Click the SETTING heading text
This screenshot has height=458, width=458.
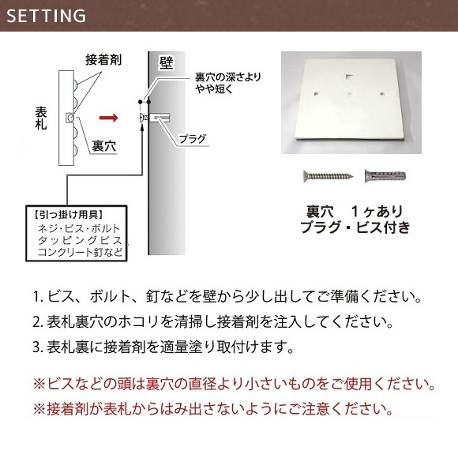point(46,16)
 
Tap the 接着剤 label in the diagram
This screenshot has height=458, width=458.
point(103,60)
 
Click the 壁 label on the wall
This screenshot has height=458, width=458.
point(166,62)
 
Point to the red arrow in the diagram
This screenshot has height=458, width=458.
point(109,118)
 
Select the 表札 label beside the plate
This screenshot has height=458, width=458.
point(41,118)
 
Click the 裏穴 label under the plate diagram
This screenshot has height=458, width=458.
point(104,146)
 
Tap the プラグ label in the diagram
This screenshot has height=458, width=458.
point(192,139)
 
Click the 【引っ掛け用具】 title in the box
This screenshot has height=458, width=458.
point(69,215)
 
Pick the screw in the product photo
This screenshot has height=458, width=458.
point(328,176)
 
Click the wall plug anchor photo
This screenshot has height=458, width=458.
point(385,176)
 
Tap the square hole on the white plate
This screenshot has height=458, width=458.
point(349,77)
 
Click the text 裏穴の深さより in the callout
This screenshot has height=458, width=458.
point(228,77)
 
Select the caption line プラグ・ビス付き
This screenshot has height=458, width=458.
point(355,227)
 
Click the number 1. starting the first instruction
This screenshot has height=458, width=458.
point(38,296)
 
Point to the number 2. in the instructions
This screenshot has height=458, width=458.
point(38,322)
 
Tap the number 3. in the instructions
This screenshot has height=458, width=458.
point(38,347)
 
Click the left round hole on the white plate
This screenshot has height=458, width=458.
point(317,94)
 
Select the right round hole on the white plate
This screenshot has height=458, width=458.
point(382,94)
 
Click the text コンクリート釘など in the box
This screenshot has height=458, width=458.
point(80,252)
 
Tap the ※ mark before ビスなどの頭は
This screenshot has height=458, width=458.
point(39,384)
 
